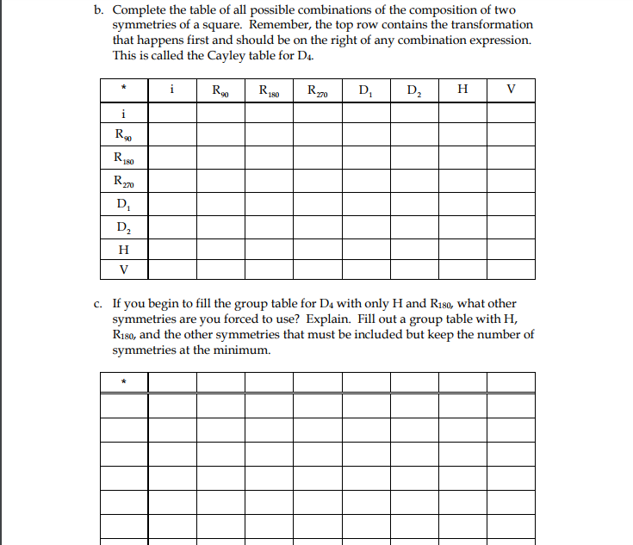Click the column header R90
220,90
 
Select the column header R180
269,90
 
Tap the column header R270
317,90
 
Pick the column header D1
365,90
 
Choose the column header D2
413,90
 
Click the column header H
462,90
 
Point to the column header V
511,90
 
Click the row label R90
124,135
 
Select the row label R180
124,158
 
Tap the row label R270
124,181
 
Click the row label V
124,269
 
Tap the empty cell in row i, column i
172,113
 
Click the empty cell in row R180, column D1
365,158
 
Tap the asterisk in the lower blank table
124,381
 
